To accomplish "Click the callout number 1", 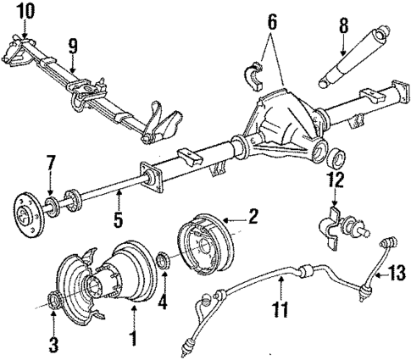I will point(132,340).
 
